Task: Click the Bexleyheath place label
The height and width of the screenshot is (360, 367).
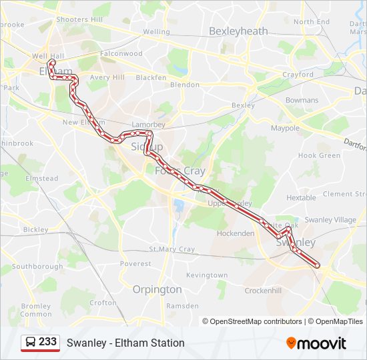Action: pyautogui.click(x=238, y=31)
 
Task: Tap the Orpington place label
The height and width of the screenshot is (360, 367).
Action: pyautogui.click(x=157, y=289)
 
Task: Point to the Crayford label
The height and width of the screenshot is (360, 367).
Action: pyautogui.click(x=298, y=75)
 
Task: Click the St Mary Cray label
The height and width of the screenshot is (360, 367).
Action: pyautogui.click(x=171, y=249)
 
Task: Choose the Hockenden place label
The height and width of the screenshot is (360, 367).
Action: pyautogui.click(x=235, y=234)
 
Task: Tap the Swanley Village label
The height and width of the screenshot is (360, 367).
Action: pyautogui.click(x=330, y=220)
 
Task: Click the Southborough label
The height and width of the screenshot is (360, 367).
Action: pyautogui.click(x=37, y=267)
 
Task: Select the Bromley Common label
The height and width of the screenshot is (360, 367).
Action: pyautogui.click(x=35, y=310)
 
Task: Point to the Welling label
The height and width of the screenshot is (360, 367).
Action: pyautogui.click(x=156, y=31)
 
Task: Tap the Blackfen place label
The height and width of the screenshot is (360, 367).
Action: pyautogui.click(x=151, y=77)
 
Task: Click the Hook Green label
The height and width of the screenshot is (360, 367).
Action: pyautogui.click(x=319, y=155)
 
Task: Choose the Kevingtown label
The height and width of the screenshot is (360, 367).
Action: pyautogui.click(x=207, y=275)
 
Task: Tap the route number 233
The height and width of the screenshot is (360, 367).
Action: pyautogui.click(x=48, y=342)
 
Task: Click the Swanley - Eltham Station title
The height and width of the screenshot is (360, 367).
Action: pyautogui.click(x=125, y=343)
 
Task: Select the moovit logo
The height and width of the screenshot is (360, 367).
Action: pyautogui.click(x=316, y=343)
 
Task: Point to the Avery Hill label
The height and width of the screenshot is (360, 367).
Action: pyautogui.click(x=107, y=77)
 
